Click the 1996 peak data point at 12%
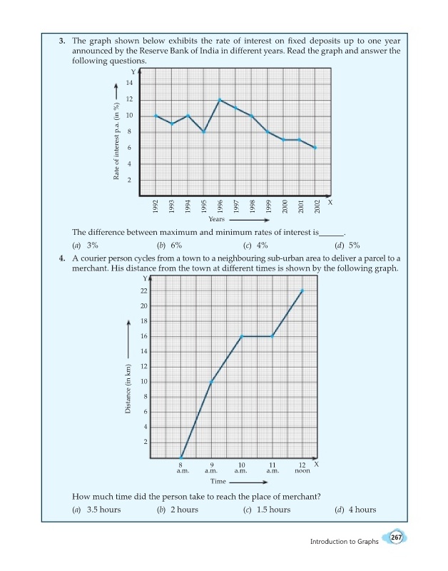[x=220, y=99]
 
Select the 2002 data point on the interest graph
[x=315, y=148]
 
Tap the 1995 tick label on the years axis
[x=204, y=206]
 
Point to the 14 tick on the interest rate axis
[x=130, y=83]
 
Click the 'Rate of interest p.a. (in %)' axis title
[x=116, y=141]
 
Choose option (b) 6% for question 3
[x=169, y=246]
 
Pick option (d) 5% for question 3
[x=347, y=246]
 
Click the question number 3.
[x=62, y=41]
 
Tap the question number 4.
[x=62, y=258]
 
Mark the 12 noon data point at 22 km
[x=302, y=290]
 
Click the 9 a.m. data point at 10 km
[x=211, y=382]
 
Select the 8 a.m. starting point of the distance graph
[x=181, y=458]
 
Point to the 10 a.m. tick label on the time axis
[x=241, y=468]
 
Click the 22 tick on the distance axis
[x=144, y=291]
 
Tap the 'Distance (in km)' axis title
[x=128, y=389]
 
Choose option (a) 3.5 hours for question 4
[x=97, y=510]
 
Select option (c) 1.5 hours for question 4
[x=267, y=510]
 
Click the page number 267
[x=396, y=537]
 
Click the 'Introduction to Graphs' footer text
[x=345, y=542]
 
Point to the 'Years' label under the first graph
[x=217, y=219]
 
